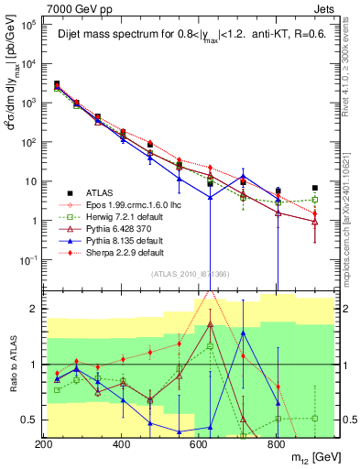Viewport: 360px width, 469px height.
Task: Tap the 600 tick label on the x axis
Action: click(198, 443)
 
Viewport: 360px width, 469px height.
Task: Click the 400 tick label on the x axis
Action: click(121, 443)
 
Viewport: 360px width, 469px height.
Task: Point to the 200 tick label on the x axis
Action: click(44, 443)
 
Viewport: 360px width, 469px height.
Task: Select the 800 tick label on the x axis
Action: click(276, 443)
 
